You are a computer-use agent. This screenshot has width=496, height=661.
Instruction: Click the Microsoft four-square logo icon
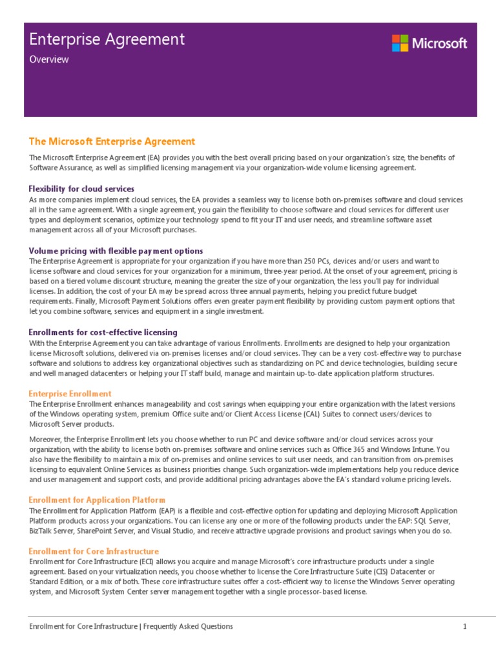pos(400,43)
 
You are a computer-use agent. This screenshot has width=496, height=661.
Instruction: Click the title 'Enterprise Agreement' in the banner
pos(107,39)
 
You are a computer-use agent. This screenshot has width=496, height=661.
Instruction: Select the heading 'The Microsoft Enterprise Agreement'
pos(112,141)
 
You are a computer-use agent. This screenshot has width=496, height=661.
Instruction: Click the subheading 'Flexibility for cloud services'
pos(81,188)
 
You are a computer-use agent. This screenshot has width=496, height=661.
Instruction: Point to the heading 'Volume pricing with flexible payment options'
pos(116,250)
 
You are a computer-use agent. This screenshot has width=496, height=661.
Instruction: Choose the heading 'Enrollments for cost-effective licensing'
pos(103,332)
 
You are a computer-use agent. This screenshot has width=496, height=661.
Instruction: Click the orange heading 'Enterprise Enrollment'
pos(70,393)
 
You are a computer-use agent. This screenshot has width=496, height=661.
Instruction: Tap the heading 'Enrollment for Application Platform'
pos(97,500)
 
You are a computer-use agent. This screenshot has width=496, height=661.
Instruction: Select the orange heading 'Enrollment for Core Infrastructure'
pos(94,551)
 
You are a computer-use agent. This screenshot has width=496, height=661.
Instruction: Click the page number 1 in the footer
pos(464,626)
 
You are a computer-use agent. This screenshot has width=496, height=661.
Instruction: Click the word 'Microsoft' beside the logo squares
pos(439,43)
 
